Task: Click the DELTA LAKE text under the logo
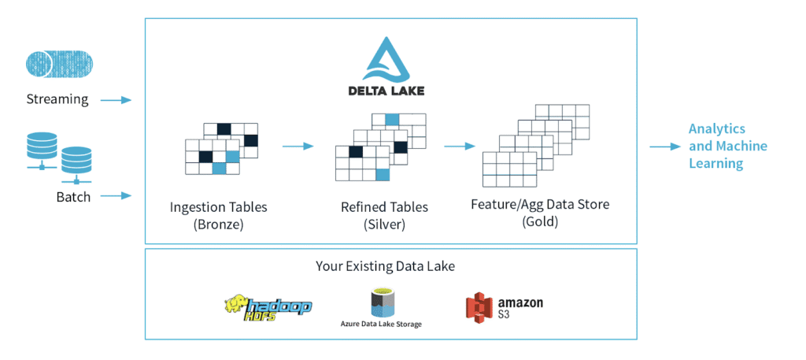(386, 90)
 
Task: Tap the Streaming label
(57, 99)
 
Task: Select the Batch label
(73, 196)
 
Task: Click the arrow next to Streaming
(116, 100)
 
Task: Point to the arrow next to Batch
(116, 195)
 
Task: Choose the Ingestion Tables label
(218, 207)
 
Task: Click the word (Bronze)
(218, 225)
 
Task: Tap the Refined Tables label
(384, 207)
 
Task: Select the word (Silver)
(384, 225)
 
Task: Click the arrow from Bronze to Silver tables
(298, 146)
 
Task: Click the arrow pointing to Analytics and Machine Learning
(664, 147)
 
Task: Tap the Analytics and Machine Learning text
(727, 146)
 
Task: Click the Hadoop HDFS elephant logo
(268, 305)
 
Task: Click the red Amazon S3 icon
(478, 306)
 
